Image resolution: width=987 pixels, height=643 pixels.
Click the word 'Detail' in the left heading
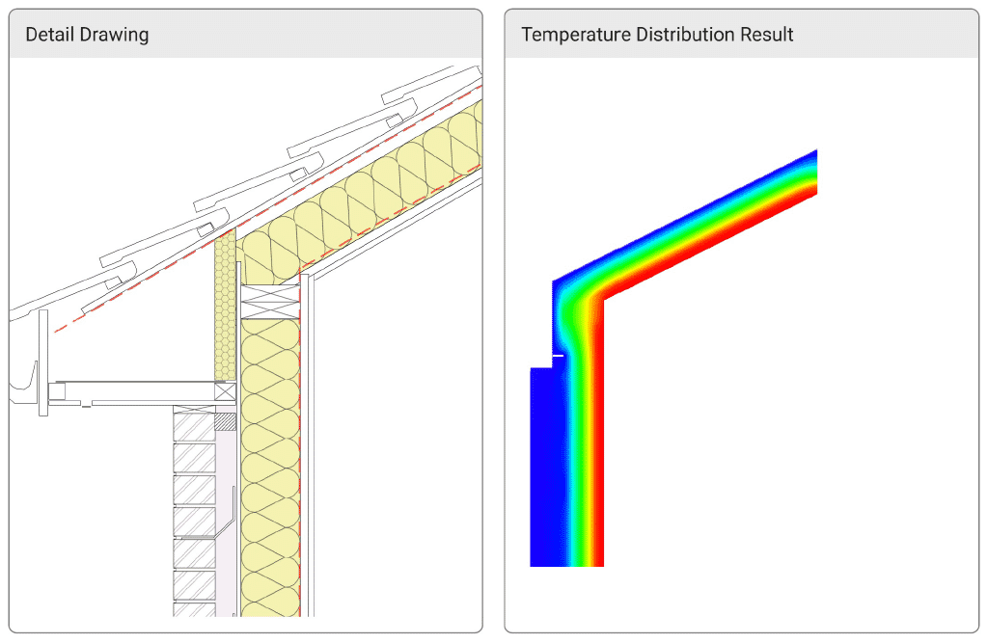click(x=48, y=35)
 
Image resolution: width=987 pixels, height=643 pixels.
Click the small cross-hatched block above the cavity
click(x=225, y=421)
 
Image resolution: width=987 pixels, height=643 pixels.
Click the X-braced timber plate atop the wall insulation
click(x=269, y=302)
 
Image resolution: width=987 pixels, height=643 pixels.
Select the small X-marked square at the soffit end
click(x=226, y=391)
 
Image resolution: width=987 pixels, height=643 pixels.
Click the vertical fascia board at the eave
click(x=43, y=362)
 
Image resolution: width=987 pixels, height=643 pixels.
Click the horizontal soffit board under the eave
click(x=135, y=391)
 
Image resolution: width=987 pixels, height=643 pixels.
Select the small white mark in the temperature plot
click(x=557, y=356)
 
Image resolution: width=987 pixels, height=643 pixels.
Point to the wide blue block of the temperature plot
click(x=544, y=463)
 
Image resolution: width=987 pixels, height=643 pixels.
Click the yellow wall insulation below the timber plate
click(x=269, y=463)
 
